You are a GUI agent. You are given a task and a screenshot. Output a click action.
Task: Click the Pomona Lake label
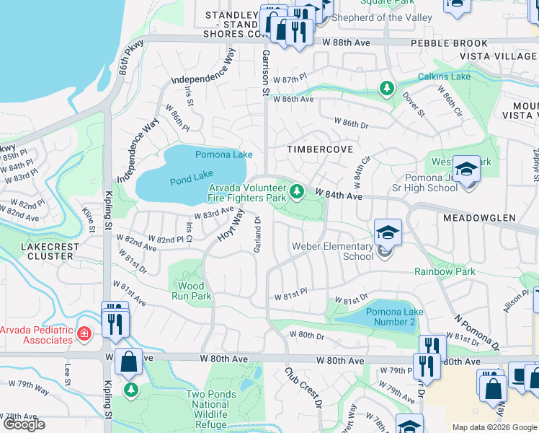[223, 154]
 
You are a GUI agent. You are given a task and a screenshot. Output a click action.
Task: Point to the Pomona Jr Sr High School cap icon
[466, 170]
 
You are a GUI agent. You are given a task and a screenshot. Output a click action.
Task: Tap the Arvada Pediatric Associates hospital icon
[84, 333]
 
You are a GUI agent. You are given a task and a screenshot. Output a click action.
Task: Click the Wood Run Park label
[191, 291]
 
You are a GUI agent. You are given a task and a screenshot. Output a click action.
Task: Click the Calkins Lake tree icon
[387, 89]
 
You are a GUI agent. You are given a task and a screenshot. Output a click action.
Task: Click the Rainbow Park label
[445, 271]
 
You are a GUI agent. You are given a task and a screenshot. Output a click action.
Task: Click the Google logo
[24, 424]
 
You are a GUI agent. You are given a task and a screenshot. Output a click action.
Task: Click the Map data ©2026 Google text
[494, 427]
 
